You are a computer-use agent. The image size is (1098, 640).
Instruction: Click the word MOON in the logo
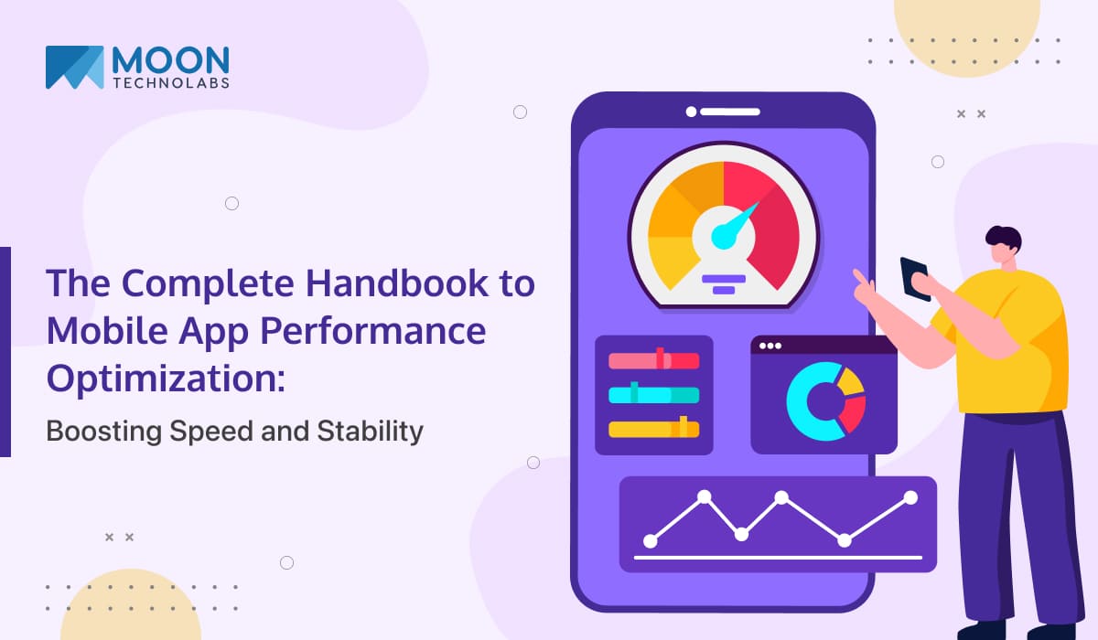170,59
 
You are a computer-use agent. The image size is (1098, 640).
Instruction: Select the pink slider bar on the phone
653,361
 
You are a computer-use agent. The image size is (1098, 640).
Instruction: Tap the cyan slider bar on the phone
653,395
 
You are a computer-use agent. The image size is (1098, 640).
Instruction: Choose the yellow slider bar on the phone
653,429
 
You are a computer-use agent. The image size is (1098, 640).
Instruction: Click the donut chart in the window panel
824,401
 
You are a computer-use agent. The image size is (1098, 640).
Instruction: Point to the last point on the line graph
910,497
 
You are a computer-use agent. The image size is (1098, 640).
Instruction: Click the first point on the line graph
651,540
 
